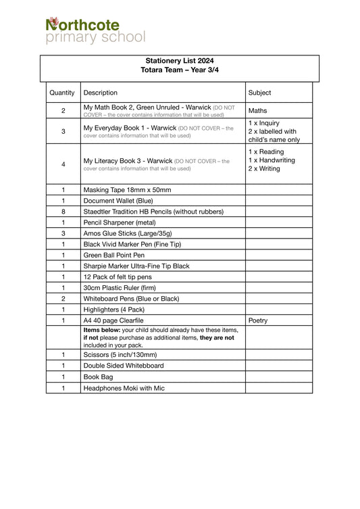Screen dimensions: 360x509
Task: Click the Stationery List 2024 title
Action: coord(180,61)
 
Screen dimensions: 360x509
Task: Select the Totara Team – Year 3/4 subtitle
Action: coord(180,70)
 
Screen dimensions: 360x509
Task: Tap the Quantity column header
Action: coord(62,93)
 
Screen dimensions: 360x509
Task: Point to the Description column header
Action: coord(101,93)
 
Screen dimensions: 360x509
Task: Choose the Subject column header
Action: coord(260,93)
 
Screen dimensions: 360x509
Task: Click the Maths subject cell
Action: coord(258,110)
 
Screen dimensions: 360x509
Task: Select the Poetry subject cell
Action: coord(258,320)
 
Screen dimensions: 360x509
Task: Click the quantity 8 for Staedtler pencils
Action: coord(63,212)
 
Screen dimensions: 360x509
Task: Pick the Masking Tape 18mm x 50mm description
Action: coord(127,190)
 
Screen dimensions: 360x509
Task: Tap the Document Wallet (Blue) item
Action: coord(118,201)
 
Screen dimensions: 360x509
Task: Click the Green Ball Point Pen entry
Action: coord(114,255)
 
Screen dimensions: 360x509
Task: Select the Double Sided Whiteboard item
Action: coord(124,365)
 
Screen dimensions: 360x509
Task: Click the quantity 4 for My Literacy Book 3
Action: coord(63,164)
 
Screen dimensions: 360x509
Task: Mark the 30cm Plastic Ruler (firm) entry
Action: coord(122,287)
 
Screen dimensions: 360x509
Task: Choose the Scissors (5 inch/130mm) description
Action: coord(120,354)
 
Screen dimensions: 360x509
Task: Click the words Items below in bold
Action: coord(103,330)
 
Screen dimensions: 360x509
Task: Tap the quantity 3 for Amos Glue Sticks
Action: coord(63,233)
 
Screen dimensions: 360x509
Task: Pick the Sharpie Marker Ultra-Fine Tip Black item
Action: coord(136,266)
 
